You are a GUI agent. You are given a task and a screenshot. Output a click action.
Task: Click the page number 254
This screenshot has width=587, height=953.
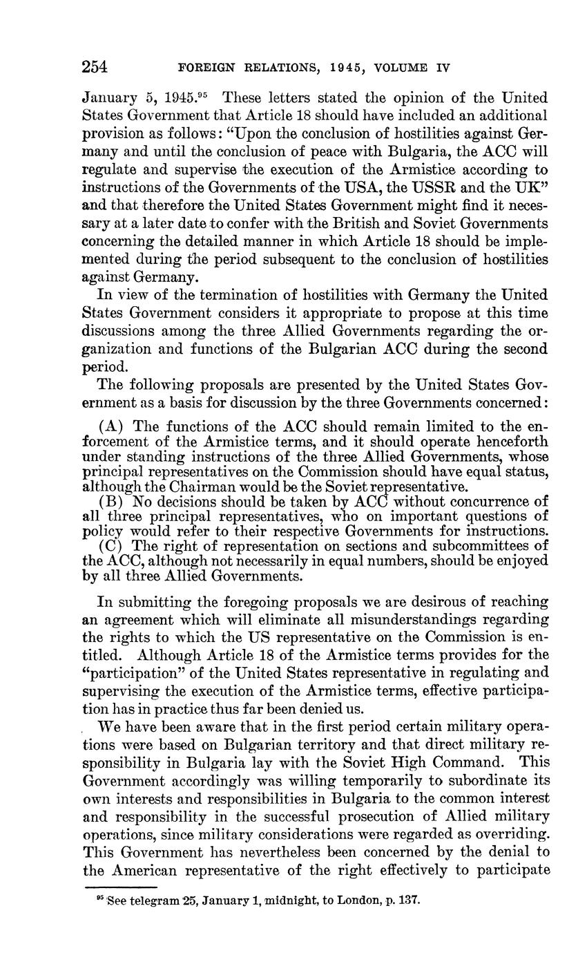[95, 67]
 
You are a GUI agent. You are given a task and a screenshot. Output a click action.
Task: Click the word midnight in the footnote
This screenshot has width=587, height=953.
[273, 901]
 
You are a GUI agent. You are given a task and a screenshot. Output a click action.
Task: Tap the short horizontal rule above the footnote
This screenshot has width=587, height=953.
[120, 887]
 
